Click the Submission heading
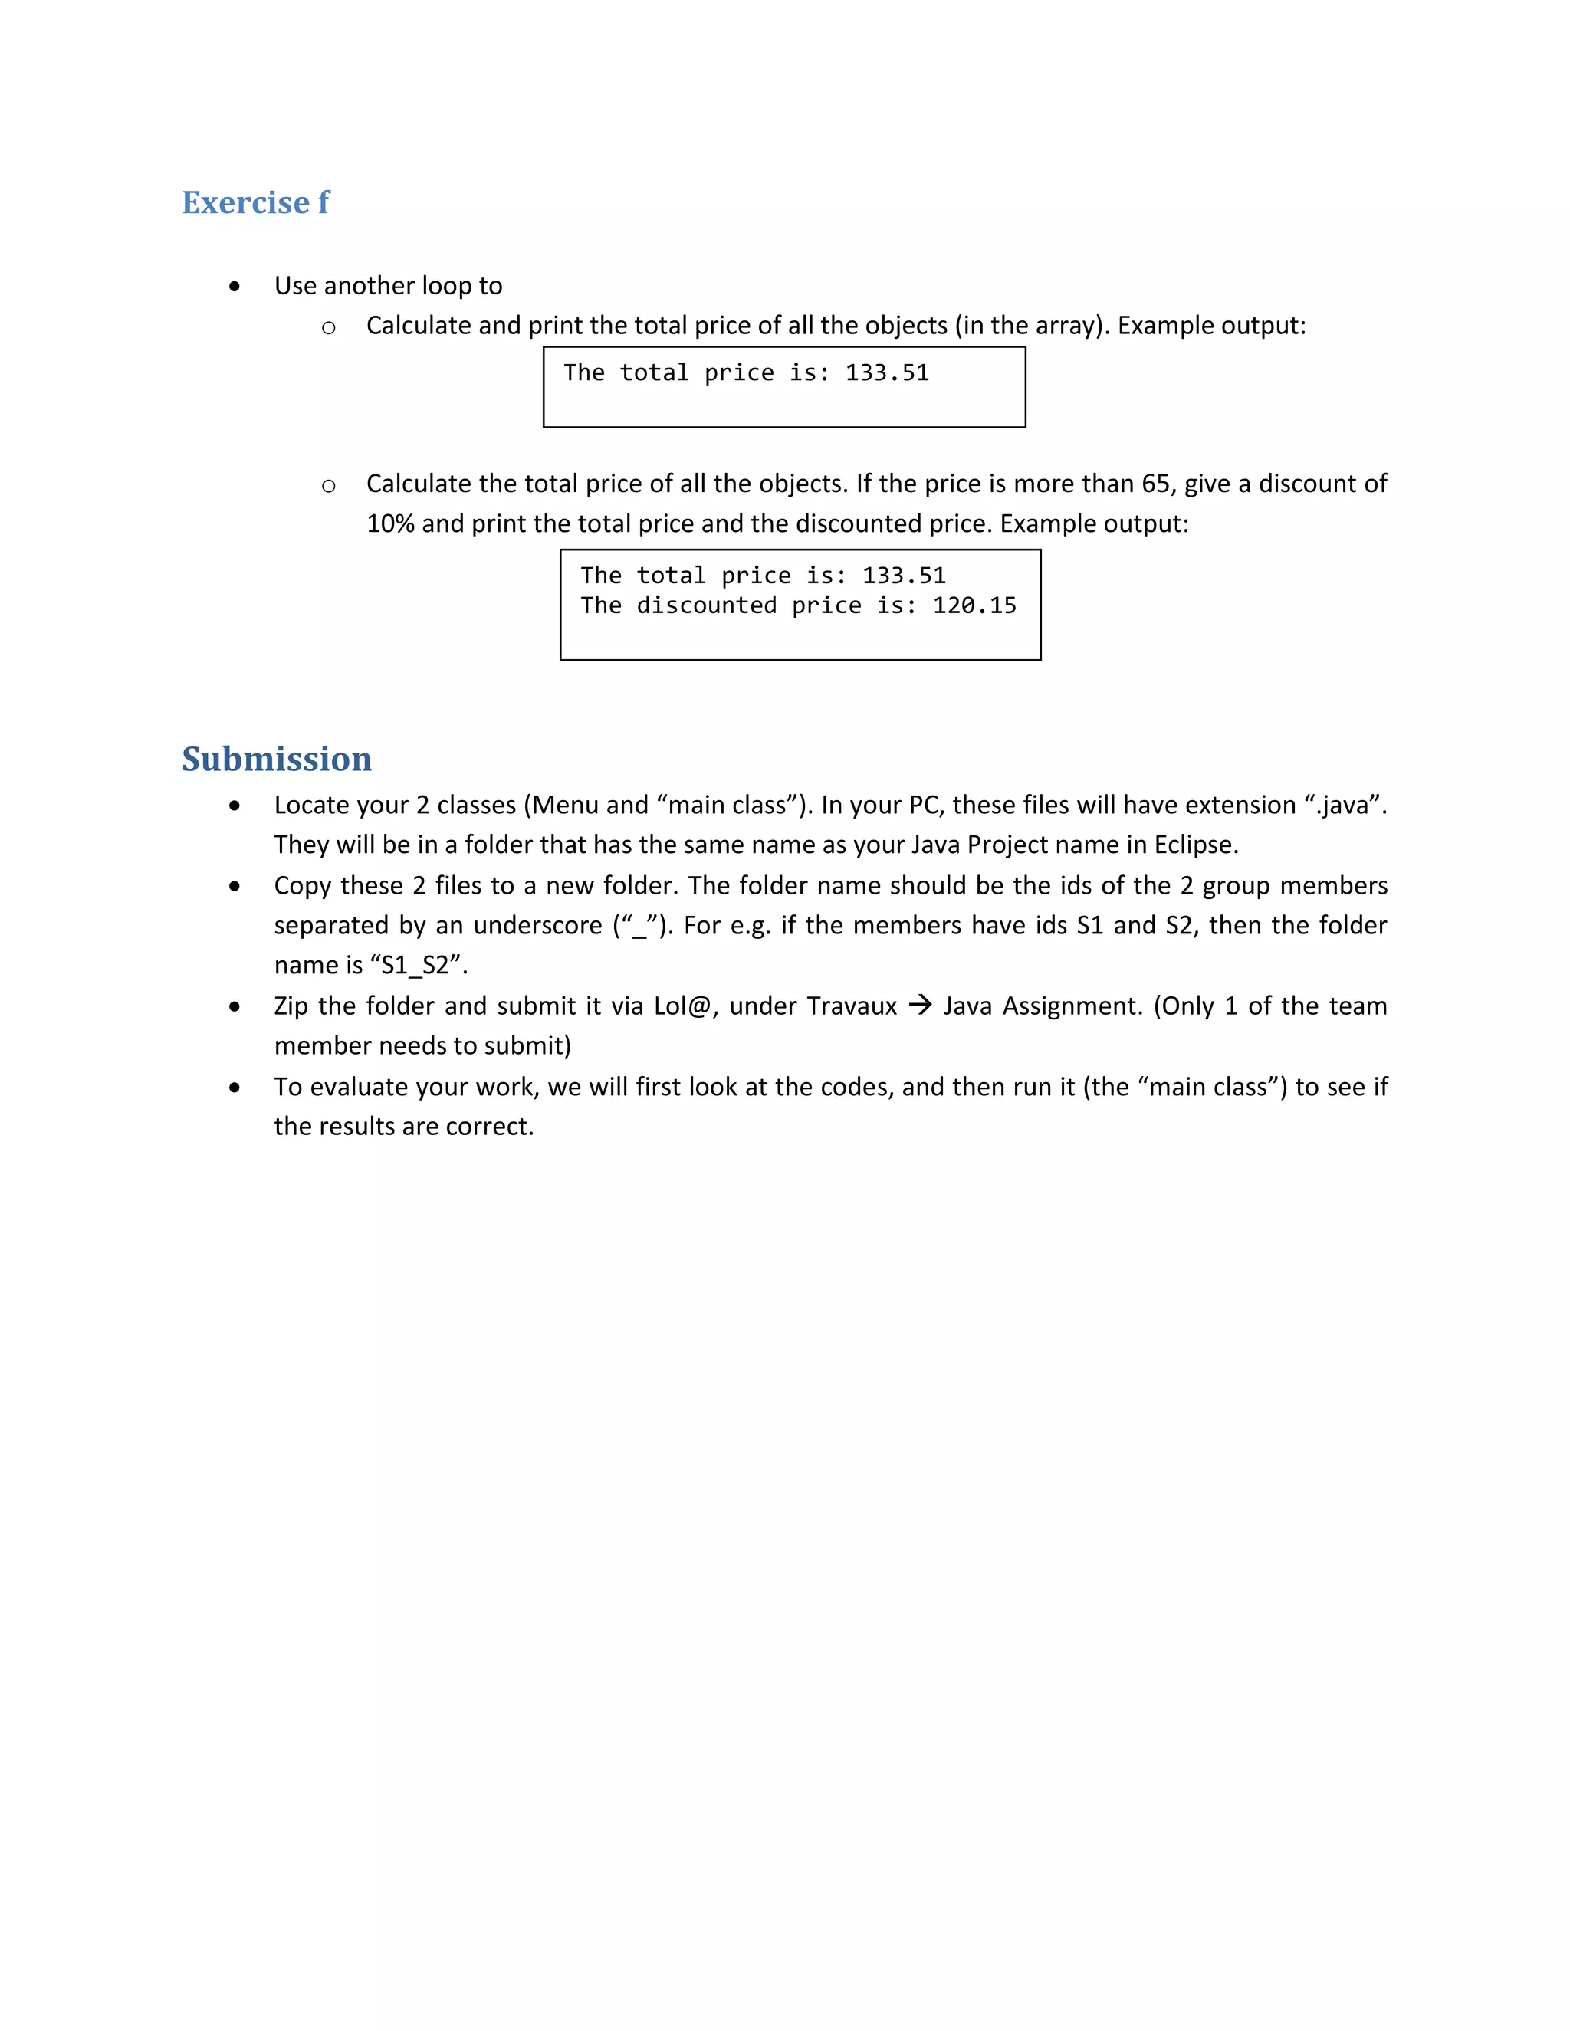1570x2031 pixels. (276, 759)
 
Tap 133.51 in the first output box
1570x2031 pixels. (886, 373)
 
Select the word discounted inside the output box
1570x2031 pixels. (706, 605)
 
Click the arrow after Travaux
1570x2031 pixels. (919, 1006)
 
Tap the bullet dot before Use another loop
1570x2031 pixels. (235, 287)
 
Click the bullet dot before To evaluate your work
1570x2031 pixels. (235, 1087)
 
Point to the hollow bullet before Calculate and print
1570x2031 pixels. (328, 327)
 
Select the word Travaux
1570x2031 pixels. (851, 1006)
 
